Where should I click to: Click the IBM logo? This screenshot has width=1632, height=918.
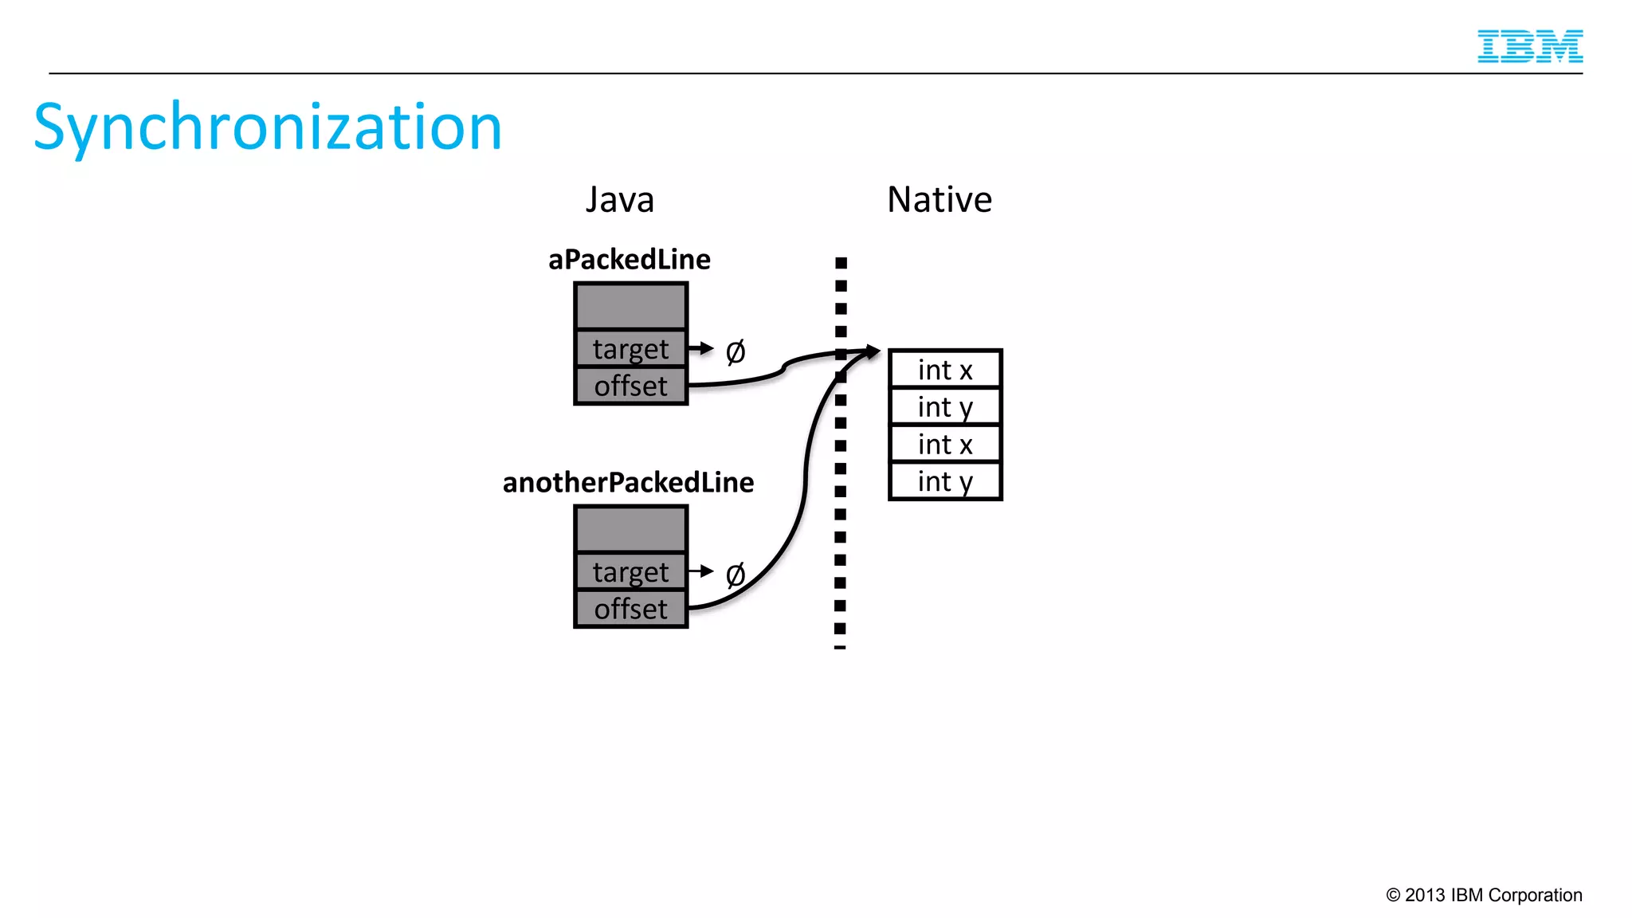[x=1529, y=46]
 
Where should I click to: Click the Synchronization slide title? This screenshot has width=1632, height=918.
[x=268, y=127]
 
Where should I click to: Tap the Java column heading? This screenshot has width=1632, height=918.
[x=619, y=199]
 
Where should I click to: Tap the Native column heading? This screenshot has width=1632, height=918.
[x=939, y=199]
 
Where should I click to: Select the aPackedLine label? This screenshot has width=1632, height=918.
[x=629, y=260]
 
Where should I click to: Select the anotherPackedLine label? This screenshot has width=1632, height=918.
[x=628, y=483]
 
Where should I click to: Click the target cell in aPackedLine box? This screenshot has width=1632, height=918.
[x=630, y=349]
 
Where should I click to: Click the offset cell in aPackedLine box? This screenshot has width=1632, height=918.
[x=630, y=386]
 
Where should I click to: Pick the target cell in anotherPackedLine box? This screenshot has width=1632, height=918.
[x=630, y=572]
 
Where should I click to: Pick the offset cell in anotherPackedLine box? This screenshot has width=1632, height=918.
[x=630, y=610]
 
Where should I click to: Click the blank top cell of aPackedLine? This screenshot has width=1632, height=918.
[x=630, y=306]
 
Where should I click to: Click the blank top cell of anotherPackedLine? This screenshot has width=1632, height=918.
[x=630, y=529]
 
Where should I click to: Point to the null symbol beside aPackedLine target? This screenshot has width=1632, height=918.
[x=735, y=351]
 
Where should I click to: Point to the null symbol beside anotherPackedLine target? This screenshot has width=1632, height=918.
[x=735, y=575]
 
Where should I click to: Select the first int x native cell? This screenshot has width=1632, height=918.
[x=945, y=370]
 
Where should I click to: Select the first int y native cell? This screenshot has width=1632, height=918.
[x=945, y=407]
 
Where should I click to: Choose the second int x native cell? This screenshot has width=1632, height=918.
[x=945, y=444]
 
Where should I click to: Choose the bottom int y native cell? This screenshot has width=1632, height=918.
[x=945, y=481]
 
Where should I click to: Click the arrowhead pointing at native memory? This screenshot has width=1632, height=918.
[x=873, y=351]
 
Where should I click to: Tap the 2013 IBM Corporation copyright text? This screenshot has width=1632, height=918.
[x=1484, y=895]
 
